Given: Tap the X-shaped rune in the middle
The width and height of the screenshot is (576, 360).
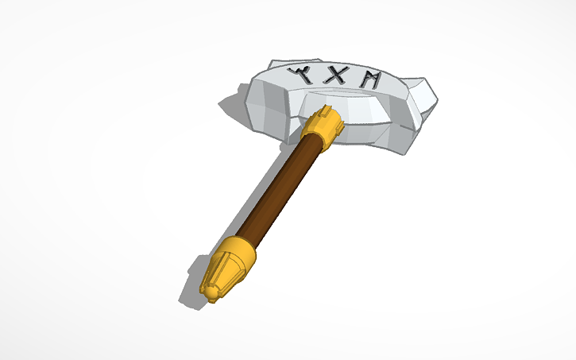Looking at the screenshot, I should point(337,77).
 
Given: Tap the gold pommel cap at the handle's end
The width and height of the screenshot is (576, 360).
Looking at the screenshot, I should point(228,266).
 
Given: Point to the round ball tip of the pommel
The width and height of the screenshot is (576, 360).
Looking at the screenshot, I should point(210,293).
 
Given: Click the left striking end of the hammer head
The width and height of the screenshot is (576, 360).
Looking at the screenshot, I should point(266,107).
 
